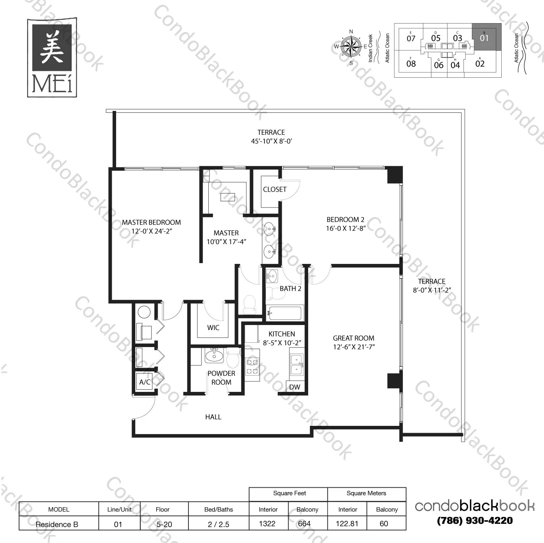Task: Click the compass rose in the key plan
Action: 351,47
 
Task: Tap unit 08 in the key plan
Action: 411,64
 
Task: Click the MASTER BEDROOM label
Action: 151,223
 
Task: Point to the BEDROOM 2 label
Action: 345,220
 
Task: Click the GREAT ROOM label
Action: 353,338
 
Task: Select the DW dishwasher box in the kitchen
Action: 295,387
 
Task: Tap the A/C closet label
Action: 145,382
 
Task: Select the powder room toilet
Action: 233,358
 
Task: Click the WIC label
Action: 213,328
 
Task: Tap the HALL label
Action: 213,417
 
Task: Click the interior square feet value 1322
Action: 267,523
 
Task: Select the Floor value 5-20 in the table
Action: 164,524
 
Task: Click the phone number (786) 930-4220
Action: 475,521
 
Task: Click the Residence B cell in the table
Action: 57,524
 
